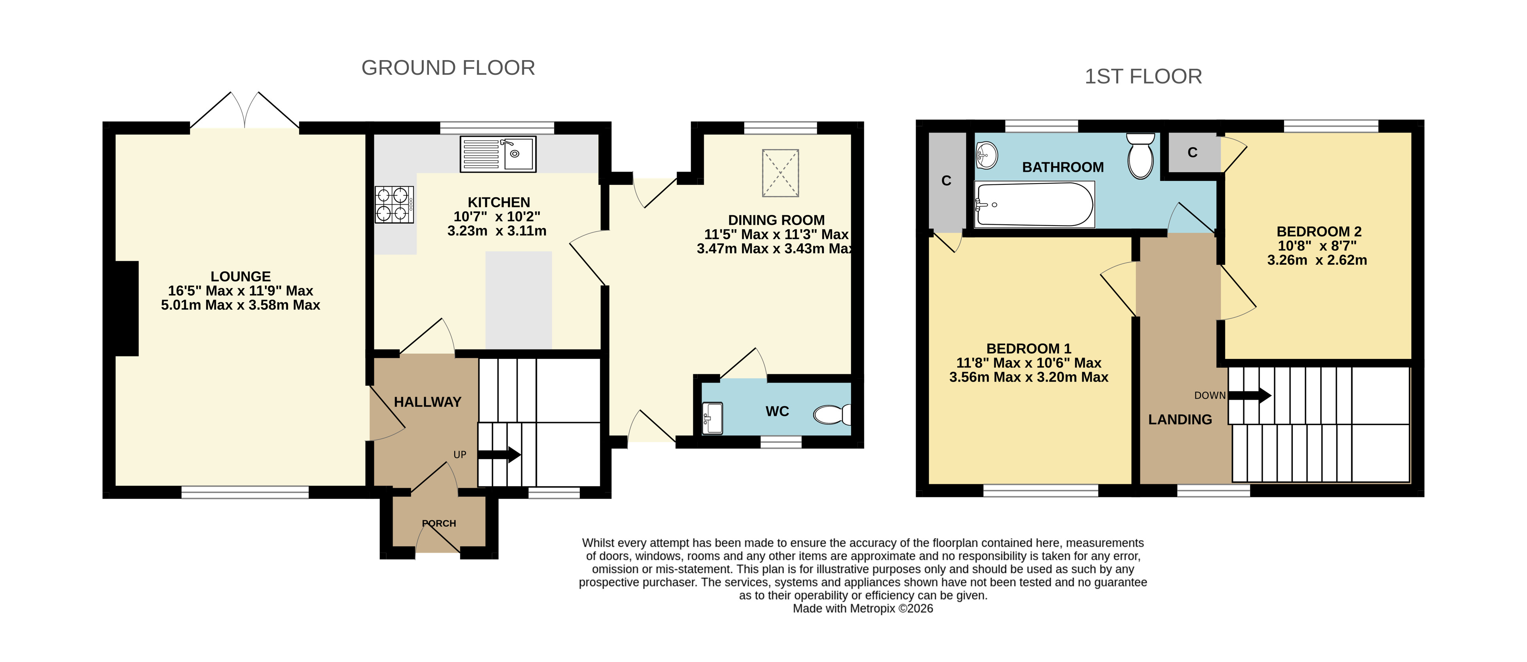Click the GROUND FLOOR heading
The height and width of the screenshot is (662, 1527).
(448, 68)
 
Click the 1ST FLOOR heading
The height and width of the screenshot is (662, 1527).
(1143, 76)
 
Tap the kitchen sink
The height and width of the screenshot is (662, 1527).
(498, 154)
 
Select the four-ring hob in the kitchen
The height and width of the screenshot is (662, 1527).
(394, 205)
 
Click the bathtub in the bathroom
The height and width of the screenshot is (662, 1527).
(1034, 205)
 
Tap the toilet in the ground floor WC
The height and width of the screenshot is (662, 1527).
(832, 414)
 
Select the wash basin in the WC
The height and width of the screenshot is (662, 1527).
(713, 418)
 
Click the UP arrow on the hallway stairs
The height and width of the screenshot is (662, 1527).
(499, 455)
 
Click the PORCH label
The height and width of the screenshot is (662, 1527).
(439, 524)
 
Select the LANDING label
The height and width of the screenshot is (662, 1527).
(1180, 419)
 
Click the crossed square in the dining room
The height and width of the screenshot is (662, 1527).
(780, 173)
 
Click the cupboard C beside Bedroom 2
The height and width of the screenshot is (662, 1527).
(1193, 153)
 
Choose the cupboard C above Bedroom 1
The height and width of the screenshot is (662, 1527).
(946, 181)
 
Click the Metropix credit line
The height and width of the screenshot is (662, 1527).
(863, 609)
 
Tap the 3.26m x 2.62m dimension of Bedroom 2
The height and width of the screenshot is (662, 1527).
(1317, 260)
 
